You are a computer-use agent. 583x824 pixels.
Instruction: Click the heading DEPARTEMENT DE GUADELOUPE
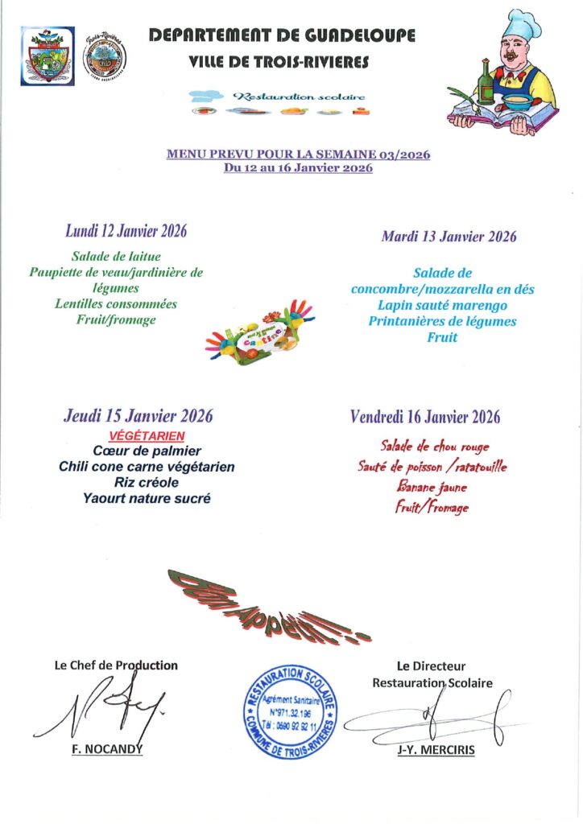point(282,35)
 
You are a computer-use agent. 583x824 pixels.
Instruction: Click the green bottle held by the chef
point(486,81)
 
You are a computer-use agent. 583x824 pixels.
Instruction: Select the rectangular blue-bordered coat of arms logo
point(48,56)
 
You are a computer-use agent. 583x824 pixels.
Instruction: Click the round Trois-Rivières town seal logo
point(105,56)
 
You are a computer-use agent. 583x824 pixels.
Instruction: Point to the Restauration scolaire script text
point(298,97)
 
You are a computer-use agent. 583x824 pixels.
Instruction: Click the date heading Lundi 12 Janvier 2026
point(126,232)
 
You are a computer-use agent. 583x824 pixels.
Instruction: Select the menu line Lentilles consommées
point(116,304)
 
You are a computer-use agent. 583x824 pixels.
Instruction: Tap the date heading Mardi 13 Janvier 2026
point(449,237)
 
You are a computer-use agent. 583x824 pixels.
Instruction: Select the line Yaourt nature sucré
point(147,498)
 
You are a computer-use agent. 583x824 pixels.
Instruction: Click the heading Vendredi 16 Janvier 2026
point(425,417)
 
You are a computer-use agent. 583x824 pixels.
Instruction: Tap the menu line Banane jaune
point(432,486)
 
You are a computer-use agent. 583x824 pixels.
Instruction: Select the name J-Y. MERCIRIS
point(436,750)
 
